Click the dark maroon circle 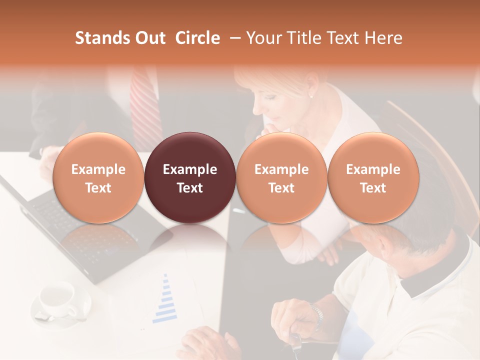190,177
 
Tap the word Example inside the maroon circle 190,169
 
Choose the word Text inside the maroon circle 190,188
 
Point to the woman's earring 311,95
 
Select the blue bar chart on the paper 166,300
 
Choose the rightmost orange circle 373,177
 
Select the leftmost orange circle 98,177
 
